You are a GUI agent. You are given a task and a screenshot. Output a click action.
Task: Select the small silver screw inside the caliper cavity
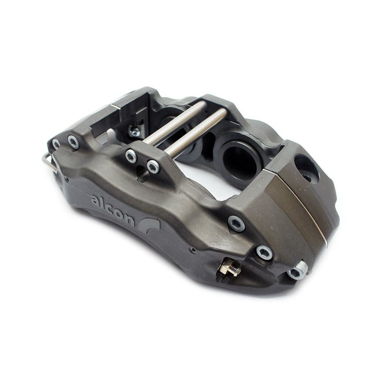click(134, 133)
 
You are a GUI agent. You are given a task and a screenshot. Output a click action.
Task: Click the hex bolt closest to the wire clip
click(56, 144)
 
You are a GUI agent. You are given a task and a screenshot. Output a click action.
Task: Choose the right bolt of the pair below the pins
click(153, 166)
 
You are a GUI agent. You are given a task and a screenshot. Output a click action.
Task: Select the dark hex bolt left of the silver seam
click(236, 223)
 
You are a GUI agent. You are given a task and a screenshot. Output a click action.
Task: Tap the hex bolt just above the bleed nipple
click(264, 252)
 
